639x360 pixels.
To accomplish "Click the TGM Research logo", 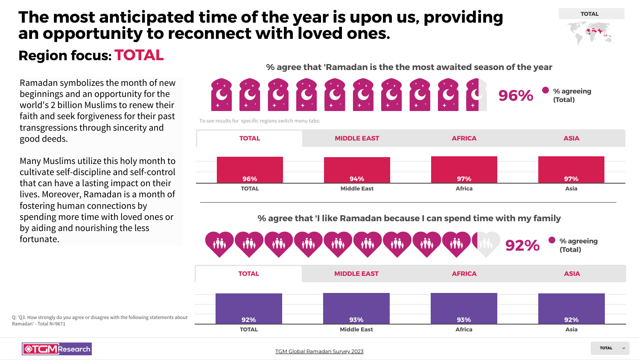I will (x=57, y=349).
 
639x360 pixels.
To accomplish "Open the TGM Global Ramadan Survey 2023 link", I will (x=319, y=351).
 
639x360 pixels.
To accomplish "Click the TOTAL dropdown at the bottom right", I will (x=610, y=348).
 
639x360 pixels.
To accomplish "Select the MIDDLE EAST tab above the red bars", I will (x=357, y=138).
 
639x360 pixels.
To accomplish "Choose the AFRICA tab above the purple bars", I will (x=464, y=274).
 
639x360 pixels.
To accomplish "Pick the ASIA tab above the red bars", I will (x=571, y=138).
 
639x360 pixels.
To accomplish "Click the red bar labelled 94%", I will (x=357, y=170).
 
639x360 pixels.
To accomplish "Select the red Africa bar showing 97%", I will (x=464, y=170).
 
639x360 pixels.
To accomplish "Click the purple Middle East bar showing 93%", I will (x=356, y=308).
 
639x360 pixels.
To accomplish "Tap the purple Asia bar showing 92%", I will (x=572, y=308).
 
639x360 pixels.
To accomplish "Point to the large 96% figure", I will (x=516, y=96).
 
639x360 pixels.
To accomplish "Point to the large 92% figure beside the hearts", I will (x=522, y=246).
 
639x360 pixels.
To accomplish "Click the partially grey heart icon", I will (x=486, y=244).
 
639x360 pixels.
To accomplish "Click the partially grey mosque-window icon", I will (x=476, y=95).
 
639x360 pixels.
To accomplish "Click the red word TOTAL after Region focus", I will (x=139, y=56).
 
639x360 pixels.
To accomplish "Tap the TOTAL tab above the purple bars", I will (x=248, y=274).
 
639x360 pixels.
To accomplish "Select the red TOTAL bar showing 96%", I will (x=250, y=170).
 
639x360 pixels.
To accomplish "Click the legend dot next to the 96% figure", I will (x=546, y=90).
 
